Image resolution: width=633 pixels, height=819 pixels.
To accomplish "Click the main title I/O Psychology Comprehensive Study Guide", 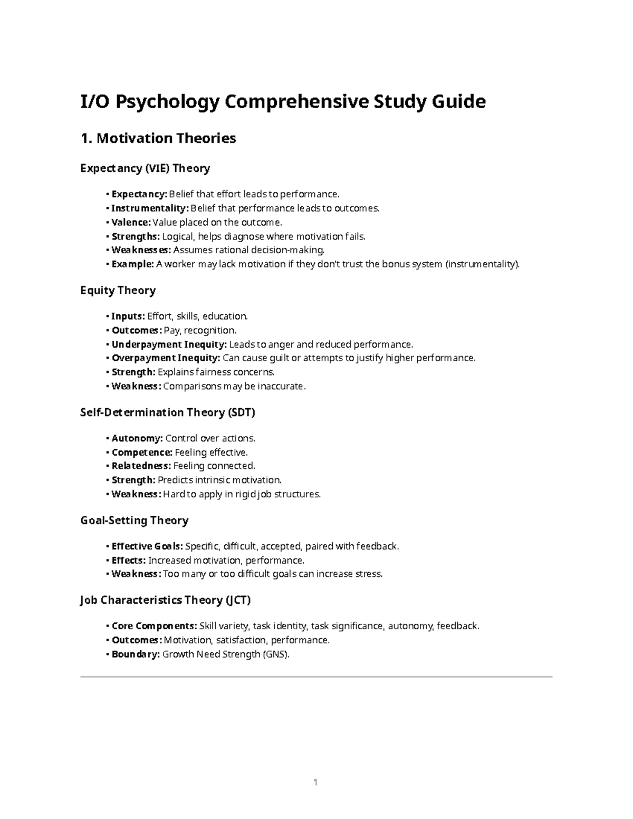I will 283,101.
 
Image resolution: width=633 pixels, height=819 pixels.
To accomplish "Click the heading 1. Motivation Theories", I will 158,139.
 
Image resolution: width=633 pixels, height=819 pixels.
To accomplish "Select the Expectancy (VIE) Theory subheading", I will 145,168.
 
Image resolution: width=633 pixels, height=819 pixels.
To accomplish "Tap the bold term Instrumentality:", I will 150,208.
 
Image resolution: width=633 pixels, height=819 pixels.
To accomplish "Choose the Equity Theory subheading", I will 118,291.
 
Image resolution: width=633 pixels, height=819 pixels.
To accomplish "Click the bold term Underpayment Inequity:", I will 169,344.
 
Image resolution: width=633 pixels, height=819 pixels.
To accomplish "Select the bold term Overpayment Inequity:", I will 166,358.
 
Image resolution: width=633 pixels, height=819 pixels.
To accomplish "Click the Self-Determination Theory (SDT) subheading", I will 167,412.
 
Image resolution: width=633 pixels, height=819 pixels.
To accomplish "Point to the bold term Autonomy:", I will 137,438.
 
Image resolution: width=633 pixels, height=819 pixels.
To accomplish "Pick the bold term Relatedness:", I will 141,466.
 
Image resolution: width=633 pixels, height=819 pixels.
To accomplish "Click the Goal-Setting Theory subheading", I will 134,521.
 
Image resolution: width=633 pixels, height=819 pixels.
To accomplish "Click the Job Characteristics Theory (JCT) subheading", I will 165,600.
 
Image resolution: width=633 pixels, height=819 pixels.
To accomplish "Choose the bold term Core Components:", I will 154,626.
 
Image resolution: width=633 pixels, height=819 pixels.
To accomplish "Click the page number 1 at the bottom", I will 315,783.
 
